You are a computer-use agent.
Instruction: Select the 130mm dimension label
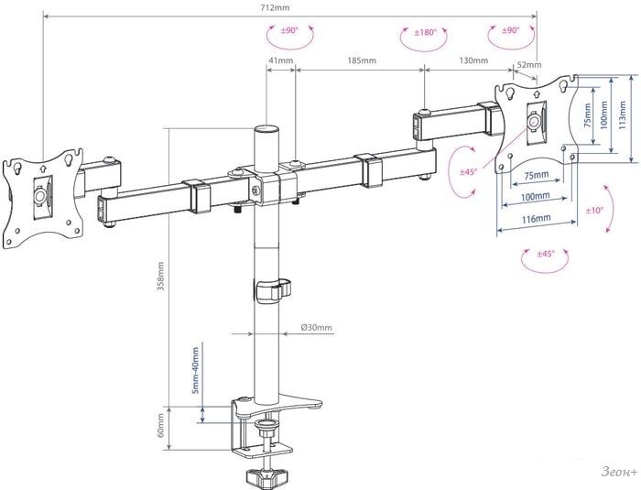tap(473, 60)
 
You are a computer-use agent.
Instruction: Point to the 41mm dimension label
tap(281, 60)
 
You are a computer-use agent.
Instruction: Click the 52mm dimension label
tap(529, 65)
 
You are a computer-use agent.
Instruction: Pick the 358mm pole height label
tap(160, 276)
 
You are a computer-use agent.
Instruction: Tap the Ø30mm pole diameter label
tap(317, 328)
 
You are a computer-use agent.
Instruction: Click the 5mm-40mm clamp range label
tap(195, 371)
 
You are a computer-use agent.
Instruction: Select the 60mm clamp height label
tap(160, 425)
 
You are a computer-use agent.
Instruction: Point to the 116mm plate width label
tap(536, 219)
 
